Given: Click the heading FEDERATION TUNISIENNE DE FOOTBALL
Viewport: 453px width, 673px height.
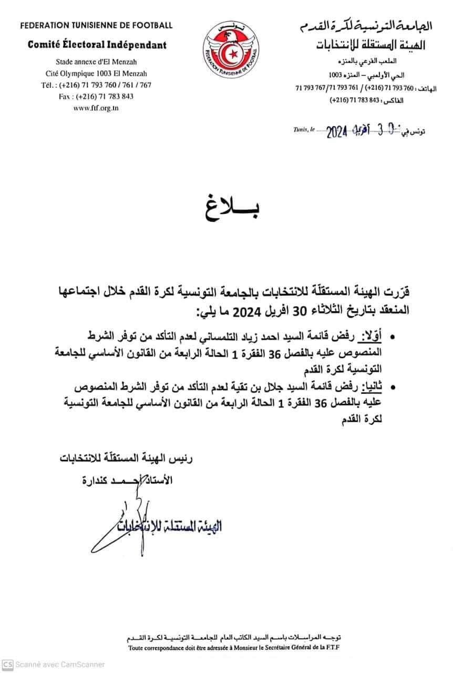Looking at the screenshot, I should click(97, 25).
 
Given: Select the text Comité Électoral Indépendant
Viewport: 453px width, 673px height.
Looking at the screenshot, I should click(97, 45).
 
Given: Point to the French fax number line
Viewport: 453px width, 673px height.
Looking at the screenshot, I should click(97, 96).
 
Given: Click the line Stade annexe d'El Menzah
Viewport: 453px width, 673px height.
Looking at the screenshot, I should click(97, 62).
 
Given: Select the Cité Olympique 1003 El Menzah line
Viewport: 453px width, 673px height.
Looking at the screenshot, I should click(97, 74).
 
